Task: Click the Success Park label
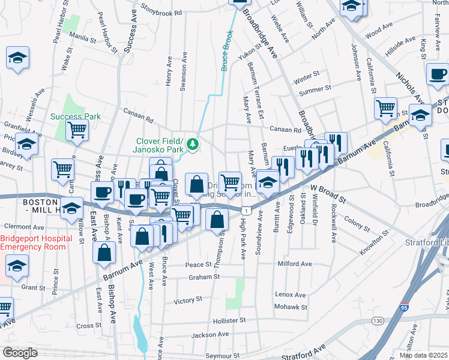[76, 116]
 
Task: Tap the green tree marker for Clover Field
[193, 143]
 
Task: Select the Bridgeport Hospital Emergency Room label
[36, 242]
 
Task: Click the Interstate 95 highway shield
[403, 308]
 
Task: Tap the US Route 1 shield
[246, 209]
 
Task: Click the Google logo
[20, 353]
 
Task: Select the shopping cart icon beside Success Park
[77, 129]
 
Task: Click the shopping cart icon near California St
[385, 108]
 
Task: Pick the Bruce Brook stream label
[227, 51]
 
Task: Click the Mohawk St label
[291, 307]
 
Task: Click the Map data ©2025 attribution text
[423, 355]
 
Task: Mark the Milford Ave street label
[294, 263]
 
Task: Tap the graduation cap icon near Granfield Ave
[26, 144]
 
